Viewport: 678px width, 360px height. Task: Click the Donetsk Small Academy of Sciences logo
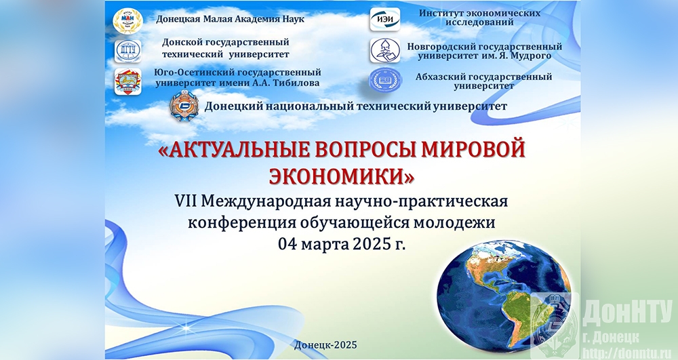click(127, 20)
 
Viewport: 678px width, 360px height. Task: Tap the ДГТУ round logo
click(128, 51)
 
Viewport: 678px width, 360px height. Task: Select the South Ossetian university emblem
click(128, 81)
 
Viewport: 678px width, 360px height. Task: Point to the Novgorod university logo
click(385, 50)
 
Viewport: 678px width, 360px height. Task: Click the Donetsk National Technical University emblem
click(184, 106)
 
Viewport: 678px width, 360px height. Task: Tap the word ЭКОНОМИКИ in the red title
click(342, 176)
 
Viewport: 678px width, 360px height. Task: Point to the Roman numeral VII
click(186, 201)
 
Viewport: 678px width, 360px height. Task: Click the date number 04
click(287, 245)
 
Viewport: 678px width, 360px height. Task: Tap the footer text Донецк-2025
click(325, 344)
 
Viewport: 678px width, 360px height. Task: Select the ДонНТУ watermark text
click(627, 313)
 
